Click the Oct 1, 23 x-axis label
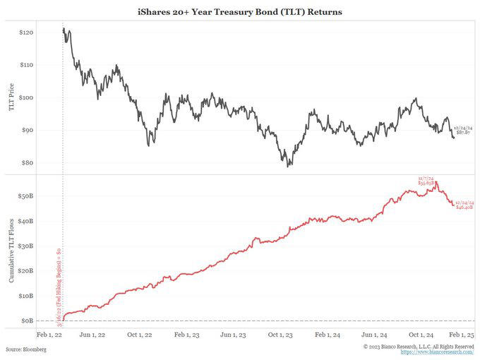pyautogui.click(x=282, y=335)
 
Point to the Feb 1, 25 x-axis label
pyautogui.click(x=462, y=335)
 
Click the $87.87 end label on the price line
pyautogui.click(x=462, y=131)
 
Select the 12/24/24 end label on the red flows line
pyautogui.click(x=462, y=205)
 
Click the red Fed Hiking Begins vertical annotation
pyautogui.click(x=59, y=282)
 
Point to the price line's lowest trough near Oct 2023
pyautogui.click(x=289, y=166)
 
